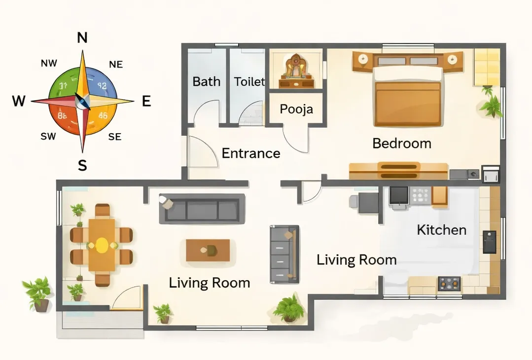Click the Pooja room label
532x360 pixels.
point(296,108)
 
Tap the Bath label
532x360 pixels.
point(206,81)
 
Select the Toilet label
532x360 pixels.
point(249,81)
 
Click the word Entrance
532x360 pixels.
point(251,153)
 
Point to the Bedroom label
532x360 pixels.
point(402,144)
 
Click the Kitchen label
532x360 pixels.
point(441,230)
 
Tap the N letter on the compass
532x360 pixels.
point(82,38)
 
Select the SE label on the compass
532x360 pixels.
point(114,137)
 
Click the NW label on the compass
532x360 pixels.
point(49,63)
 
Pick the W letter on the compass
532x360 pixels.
point(19,102)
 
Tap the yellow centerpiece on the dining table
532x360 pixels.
point(102,245)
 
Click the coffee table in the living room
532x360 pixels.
point(208,250)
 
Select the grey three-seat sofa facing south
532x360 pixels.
point(202,209)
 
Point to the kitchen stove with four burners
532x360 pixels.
point(449,283)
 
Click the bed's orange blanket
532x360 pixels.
point(407,103)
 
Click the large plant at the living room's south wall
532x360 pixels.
point(289,309)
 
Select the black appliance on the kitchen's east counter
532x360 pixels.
point(489,242)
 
